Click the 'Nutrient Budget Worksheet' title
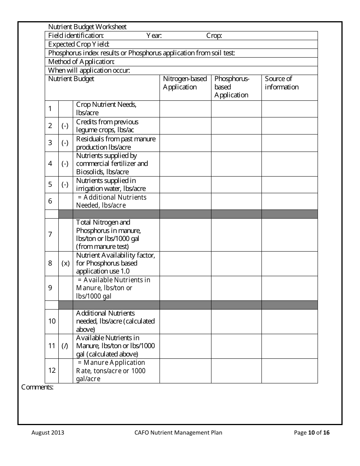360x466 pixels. coord(88,27)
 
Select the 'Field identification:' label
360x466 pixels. coord(76,36)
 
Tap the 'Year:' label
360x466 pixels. coord(154,36)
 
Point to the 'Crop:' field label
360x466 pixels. coord(214,36)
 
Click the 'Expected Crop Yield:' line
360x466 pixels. coord(79,44)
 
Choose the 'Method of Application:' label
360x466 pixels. coord(81,62)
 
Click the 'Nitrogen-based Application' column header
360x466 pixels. coord(185,83)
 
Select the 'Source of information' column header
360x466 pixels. coord(282,83)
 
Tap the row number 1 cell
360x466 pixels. coord(50,109)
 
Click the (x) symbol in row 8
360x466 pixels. coord(66,263)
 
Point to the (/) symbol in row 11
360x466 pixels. coord(65,346)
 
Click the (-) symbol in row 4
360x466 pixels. coord(65,164)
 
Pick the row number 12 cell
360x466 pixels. coord(52,371)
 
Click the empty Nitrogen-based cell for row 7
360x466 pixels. coord(185,235)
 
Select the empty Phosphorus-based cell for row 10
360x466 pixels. coord(236,321)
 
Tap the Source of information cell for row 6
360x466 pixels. coord(290,201)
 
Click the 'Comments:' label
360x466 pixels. coord(37,387)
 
